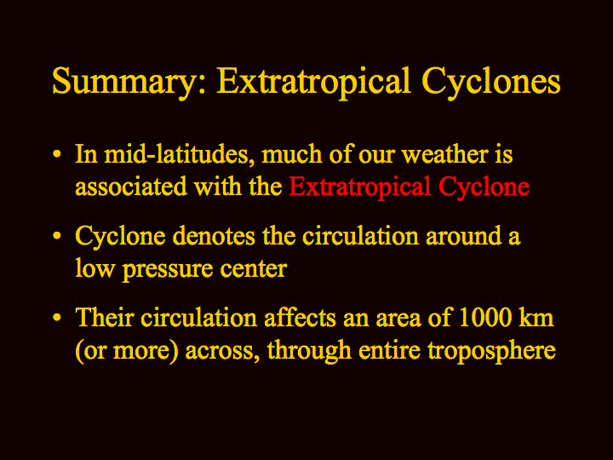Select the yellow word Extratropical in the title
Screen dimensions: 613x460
coord(313,82)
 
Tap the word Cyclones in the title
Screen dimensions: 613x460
coord(491,82)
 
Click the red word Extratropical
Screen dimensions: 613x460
coord(359,187)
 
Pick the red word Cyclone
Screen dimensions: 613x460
coord(484,187)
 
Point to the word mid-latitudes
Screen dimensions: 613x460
coord(176,154)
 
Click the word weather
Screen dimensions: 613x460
coord(445,154)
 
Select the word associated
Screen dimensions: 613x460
coord(131,187)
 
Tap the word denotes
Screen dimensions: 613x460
coord(214,236)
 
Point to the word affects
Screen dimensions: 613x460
coord(301,317)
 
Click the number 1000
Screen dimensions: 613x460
coord(484,317)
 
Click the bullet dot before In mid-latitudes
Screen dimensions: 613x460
coord(57,154)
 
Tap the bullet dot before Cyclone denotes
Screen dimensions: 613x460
coord(57,236)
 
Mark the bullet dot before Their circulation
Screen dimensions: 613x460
coord(57,317)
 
